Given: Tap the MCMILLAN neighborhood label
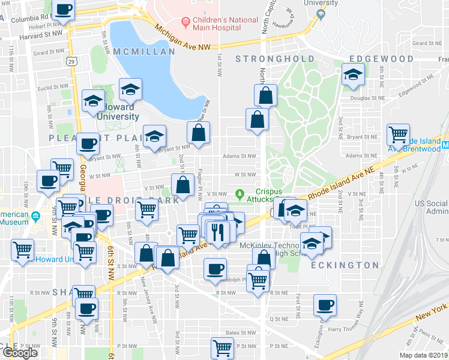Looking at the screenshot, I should pos(143,52).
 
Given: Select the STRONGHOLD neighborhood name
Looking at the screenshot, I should pos(275,59).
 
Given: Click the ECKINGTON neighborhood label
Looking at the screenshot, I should pos(345,265).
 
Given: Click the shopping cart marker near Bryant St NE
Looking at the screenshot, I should pos(398,135).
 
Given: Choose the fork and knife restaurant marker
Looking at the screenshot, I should pos(217,232).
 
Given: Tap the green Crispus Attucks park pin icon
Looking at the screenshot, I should pos(240,194).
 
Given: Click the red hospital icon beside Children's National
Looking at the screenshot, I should pos(185,23).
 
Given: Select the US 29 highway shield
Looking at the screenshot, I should pos(72,61).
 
